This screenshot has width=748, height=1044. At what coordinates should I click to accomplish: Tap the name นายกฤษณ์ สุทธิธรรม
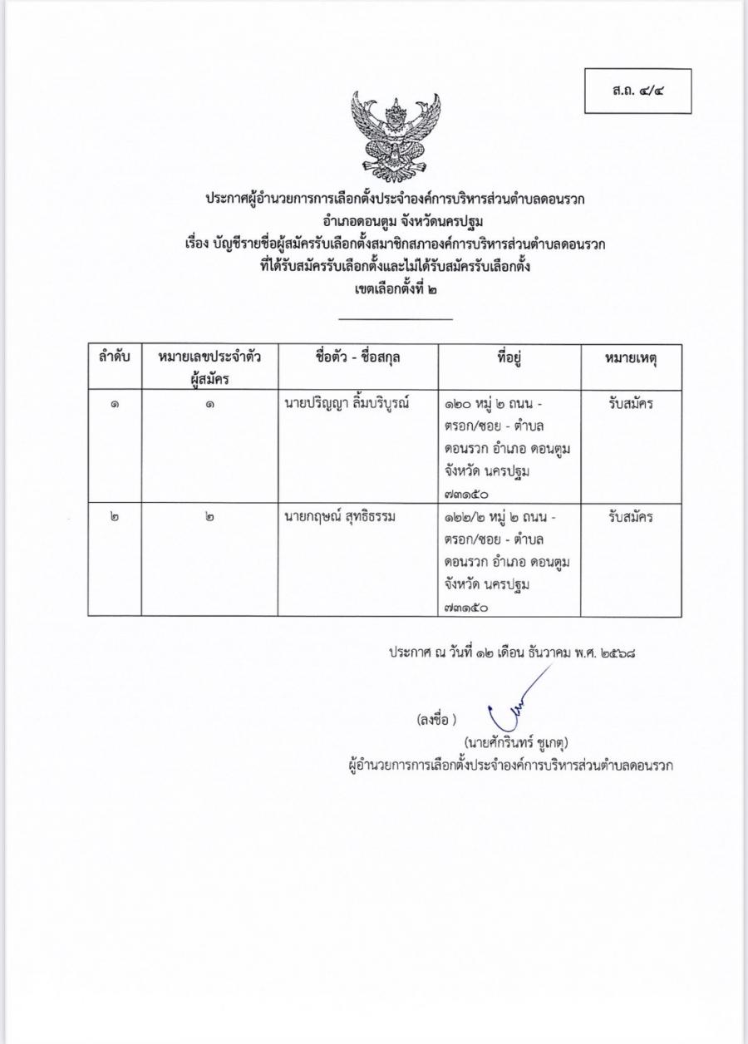338,517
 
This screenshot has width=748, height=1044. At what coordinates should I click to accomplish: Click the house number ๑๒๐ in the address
459,404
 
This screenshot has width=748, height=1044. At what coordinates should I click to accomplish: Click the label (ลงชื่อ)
437,719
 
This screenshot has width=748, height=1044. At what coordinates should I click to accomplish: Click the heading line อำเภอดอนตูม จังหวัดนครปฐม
395,222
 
